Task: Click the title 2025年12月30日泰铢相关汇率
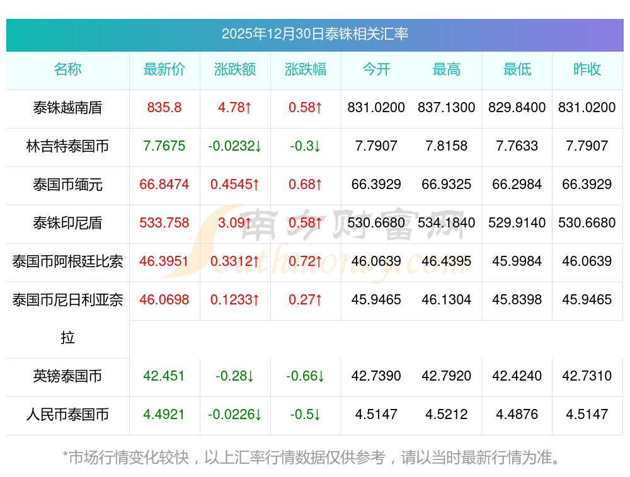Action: tap(314, 34)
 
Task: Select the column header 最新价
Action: tap(164, 69)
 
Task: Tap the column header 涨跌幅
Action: tap(306, 69)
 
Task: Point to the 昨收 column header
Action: tap(587, 69)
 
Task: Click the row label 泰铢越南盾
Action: tap(67, 108)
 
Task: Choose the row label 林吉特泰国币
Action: tap(67, 146)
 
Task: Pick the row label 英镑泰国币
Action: tap(67, 376)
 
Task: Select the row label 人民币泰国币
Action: tap(67, 415)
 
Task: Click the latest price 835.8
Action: tap(164, 108)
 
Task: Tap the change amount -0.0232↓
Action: tap(235, 146)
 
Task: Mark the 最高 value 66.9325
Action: tap(447, 185)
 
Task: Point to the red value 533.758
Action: tap(164, 223)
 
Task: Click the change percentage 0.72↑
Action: tap(306, 261)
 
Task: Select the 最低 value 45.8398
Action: tap(517, 300)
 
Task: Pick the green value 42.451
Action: tap(164, 376)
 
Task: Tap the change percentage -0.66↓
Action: tap(306, 376)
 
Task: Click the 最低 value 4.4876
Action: tap(517, 415)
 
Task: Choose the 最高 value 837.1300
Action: tap(447, 108)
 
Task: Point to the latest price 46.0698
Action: tap(164, 300)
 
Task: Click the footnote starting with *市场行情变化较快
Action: tap(311, 457)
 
